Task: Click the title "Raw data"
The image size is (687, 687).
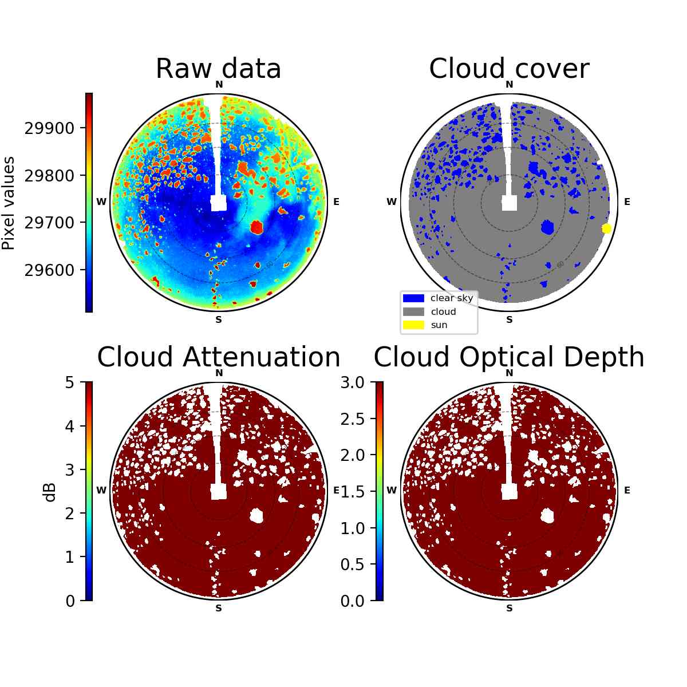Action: pos(218,69)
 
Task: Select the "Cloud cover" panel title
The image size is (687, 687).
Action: pos(509,69)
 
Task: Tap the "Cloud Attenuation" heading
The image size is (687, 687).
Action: pos(219,357)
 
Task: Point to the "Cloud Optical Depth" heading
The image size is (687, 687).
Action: pos(509,357)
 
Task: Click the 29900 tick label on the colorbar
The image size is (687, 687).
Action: pos(50,128)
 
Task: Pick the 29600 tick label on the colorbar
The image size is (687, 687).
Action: pos(50,270)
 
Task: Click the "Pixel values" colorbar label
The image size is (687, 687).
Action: pos(8,203)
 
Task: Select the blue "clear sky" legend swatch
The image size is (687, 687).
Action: pos(413,298)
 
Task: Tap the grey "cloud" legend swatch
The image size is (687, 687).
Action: pos(413,311)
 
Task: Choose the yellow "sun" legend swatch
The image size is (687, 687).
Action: pos(413,325)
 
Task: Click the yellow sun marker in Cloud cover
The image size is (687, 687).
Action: pos(606,228)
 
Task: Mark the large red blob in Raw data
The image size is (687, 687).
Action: pos(256,227)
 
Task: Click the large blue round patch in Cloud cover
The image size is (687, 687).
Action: pos(547,227)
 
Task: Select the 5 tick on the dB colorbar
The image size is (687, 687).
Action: pos(70,382)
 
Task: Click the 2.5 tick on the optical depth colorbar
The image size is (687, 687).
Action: pos(352,419)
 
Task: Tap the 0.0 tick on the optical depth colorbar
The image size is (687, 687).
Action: pos(352,601)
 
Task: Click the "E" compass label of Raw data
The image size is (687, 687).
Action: pos(336,202)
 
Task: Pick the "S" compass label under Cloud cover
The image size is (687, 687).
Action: pos(509,320)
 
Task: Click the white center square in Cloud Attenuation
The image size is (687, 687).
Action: pos(219,492)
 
